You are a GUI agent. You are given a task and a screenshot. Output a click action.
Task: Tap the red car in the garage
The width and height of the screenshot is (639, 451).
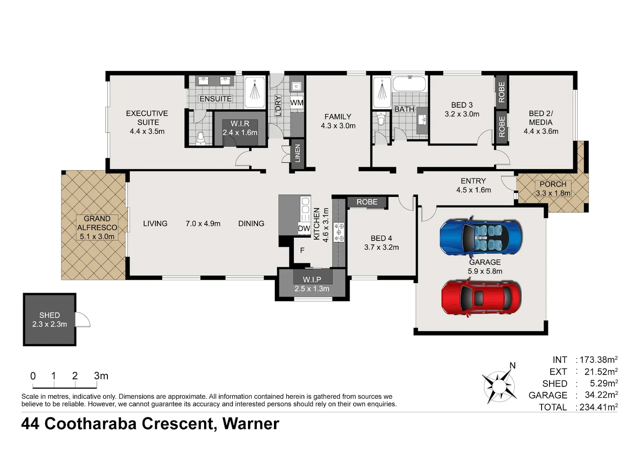pyautogui.click(x=481, y=298)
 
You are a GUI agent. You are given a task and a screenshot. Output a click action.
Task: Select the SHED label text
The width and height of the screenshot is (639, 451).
pyautogui.click(x=50, y=315)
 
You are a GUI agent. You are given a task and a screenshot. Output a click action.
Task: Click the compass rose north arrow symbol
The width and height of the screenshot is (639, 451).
pyautogui.click(x=499, y=386)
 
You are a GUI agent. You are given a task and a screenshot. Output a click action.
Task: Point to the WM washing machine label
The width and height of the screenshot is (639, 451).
pyautogui.click(x=296, y=103)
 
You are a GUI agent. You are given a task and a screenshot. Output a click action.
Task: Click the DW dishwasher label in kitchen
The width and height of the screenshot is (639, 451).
pyautogui.click(x=304, y=228)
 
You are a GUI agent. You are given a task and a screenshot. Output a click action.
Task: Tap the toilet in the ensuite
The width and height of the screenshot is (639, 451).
pyautogui.click(x=201, y=138)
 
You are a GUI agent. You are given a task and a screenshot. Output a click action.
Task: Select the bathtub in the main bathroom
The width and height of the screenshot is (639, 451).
pyautogui.click(x=409, y=84)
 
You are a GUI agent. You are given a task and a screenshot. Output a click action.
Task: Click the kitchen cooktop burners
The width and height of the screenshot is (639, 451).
pyautogui.click(x=339, y=232)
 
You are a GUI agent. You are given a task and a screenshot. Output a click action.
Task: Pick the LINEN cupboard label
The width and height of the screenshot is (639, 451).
pyautogui.click(x=297, y=153)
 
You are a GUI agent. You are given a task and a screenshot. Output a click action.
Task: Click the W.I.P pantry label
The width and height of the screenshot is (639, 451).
pyautogui.click(x=312, y=279)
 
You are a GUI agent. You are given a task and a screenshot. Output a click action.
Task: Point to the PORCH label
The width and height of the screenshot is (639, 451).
pyautogui.click(x=553, y=184)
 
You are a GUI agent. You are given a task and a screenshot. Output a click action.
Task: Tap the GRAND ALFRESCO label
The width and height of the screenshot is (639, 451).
pyautogui.click(x=97, y=223)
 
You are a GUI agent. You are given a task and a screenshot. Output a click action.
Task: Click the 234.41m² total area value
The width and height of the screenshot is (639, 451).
pyautogui.click(x=598, y=407)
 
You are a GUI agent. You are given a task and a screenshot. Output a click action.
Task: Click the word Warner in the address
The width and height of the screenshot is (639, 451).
pyautogui.click(x=251, y=423)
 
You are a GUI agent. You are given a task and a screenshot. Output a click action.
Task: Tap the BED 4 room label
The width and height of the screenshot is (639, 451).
pyautogui.click(x=381, y=238)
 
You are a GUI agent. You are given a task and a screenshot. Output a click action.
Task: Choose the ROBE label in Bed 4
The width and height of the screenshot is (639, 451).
pyautogui.click(x=367, y=202)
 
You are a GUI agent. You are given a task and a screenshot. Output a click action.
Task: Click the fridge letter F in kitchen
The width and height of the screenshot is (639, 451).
pyautogui.click(x=302, y=250)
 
